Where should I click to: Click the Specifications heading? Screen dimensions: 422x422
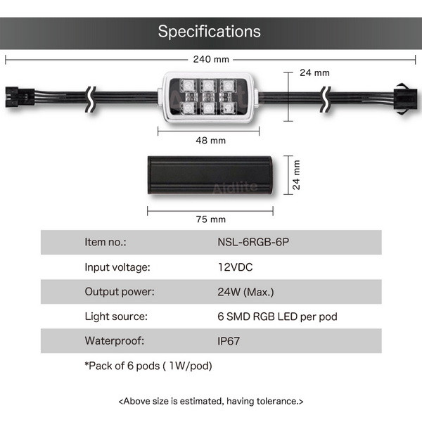click(209, 32)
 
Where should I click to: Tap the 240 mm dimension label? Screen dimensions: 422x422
click(211, 59)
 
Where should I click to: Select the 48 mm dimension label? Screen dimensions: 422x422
click(211, 141)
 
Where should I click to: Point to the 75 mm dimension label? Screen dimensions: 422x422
click(211, 219)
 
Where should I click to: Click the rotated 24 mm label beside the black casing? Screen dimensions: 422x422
click(296, 175)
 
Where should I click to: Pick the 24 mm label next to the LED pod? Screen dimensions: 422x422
click(314, 72)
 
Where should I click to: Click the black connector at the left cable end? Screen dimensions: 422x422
click(20, 97)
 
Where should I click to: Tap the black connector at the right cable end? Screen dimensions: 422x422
click(406, 99)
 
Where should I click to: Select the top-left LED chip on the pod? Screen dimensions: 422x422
click(188, 86)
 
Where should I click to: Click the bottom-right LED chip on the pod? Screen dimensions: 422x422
click(228, 108)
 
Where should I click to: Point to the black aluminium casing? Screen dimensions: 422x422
click(210, 175)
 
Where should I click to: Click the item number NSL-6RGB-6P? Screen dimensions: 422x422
click(253, 242)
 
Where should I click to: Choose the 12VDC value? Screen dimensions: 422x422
click(235, 267)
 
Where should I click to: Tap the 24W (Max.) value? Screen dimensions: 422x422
click(245, 292)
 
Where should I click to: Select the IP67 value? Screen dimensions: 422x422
click(229, 341)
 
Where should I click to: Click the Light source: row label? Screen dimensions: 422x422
click(116, 316)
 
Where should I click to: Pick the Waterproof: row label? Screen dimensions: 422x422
click(115, 341)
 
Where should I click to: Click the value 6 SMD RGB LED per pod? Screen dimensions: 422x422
click(277, 316)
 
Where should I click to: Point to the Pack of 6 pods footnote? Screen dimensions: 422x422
click(148, 366)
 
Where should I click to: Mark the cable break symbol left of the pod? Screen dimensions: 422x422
click(91, 99)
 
